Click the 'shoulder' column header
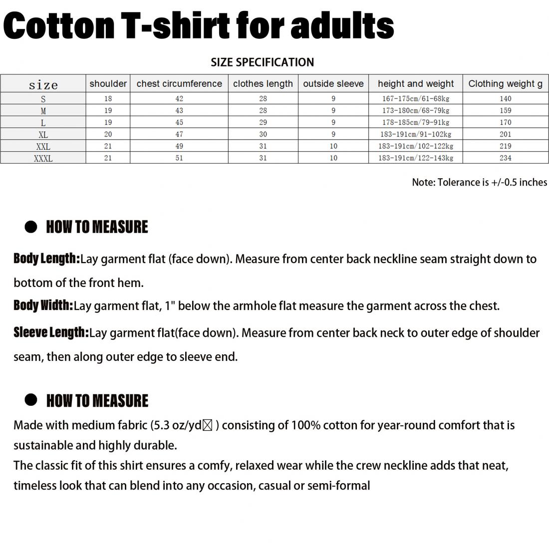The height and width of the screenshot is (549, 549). (x=108, y=84)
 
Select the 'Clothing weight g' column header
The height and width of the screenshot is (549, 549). (x=505, y=84)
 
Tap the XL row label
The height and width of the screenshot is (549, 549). (x=43, y=135)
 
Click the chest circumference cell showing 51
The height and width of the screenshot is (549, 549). (x=179, y=158)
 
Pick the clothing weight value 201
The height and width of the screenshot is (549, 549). (x=505, y=134)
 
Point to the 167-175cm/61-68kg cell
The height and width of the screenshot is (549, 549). (x=415, y=99)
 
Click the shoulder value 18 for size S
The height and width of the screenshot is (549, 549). (x=108, y=99)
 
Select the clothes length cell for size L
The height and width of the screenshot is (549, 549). (x=263, y=122)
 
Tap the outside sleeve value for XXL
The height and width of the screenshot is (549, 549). (x=333, y=146)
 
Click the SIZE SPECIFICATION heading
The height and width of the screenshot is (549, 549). (x=262, y=62)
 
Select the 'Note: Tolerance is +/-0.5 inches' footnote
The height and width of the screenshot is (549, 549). (x=479, y=183)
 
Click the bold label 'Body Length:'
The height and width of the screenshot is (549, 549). (x=46, y=259)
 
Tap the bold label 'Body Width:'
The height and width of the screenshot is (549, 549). (x=43, y=305)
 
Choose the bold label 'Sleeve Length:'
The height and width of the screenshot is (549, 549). (x=51, y=332)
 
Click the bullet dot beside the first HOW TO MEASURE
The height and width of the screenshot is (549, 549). (x=31, y=227)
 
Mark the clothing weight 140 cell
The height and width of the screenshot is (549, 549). (x=505, y=99)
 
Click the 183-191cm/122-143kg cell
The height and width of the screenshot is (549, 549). (x=415, y=158)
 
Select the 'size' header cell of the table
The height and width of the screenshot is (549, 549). (x=43, y=84)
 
